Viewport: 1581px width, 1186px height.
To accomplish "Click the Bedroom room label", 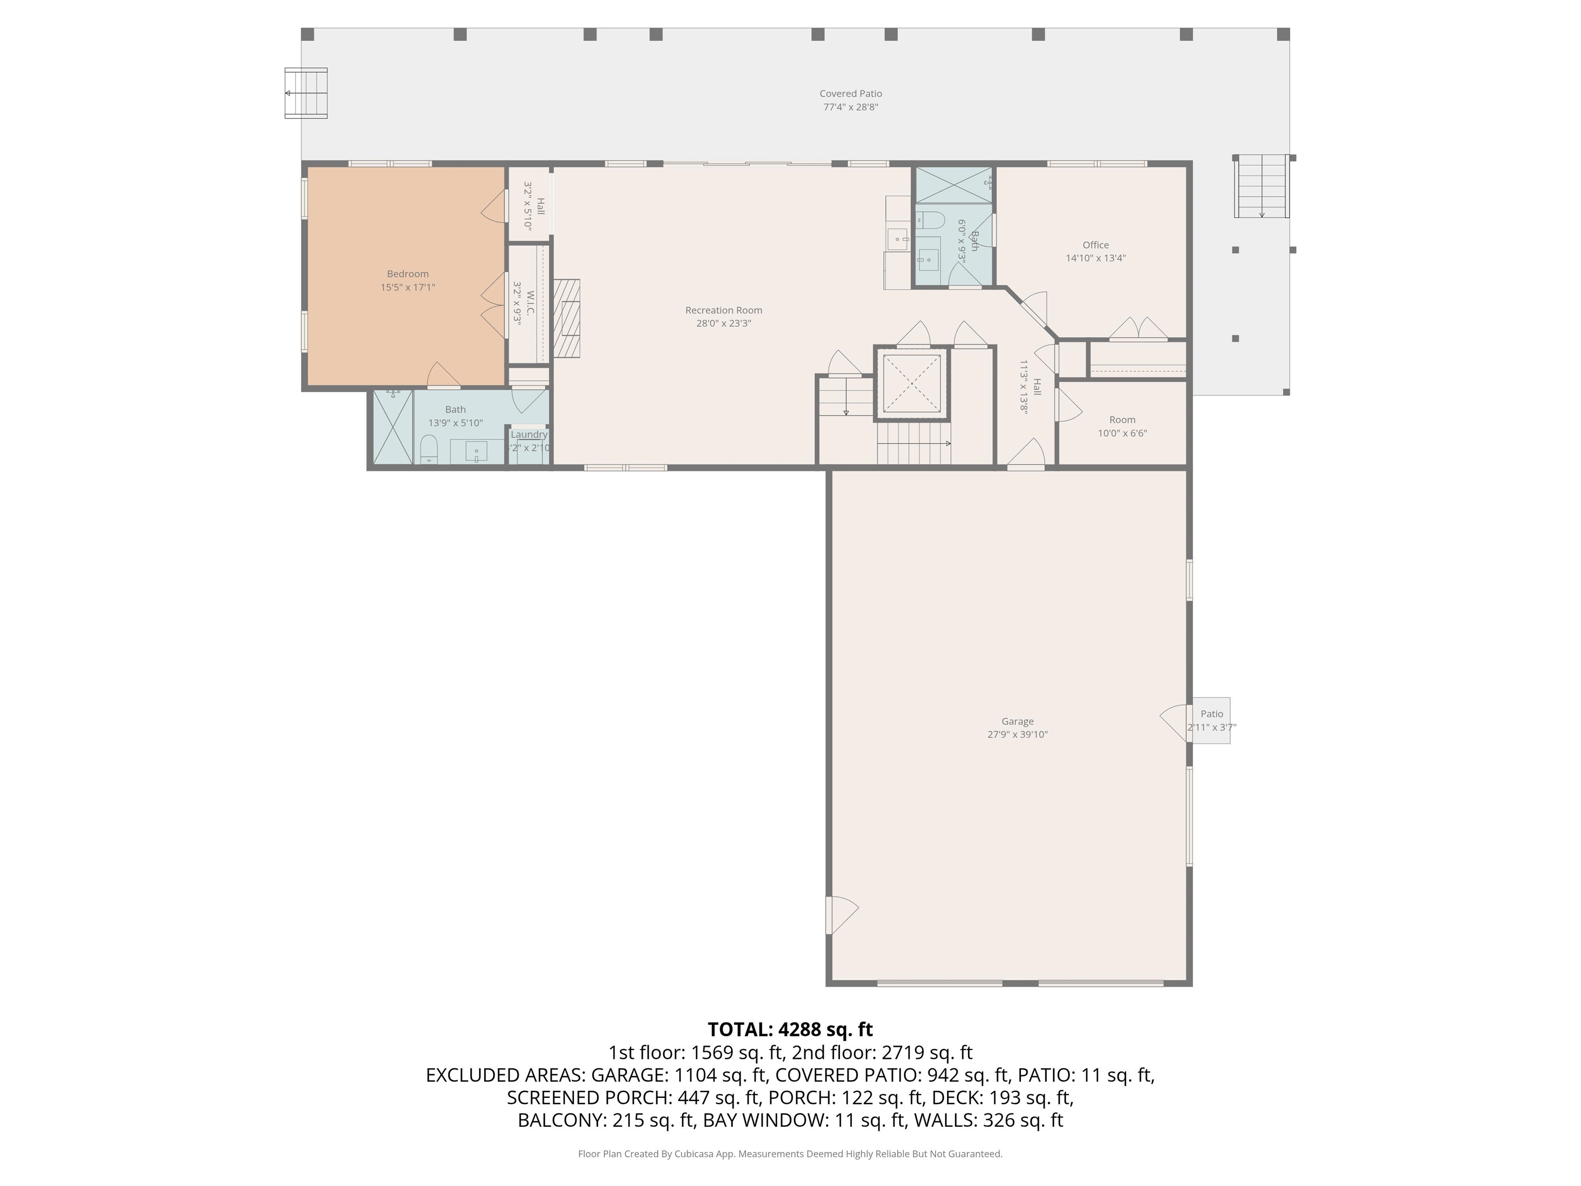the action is pos(408,274).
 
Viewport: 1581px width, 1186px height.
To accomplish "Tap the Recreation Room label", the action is pos(723,310).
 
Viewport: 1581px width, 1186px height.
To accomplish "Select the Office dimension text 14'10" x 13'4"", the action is pos(1096,258).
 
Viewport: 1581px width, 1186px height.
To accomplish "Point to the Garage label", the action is pos(1017,721).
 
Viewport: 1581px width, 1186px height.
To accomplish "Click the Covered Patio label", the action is pos(851,94).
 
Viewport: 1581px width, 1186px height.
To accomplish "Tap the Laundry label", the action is pos(529,434).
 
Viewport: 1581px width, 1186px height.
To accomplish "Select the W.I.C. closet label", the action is pos(530,303).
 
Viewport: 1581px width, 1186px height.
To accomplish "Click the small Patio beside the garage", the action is pos(1211,721).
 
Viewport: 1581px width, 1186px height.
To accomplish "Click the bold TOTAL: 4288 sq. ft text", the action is pos(790,1030).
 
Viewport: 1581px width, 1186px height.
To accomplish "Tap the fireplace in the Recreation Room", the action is pos(566,318).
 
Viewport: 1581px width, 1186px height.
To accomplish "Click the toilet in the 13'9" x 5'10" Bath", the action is pos(428,450).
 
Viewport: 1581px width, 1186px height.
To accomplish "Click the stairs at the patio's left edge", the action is pos(306,93).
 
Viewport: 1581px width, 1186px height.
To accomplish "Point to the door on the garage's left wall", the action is pos(841,915).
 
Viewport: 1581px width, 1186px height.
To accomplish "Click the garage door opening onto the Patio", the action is pos(1175,723).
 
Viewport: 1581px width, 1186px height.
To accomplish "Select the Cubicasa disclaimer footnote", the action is pos(790,1154).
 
